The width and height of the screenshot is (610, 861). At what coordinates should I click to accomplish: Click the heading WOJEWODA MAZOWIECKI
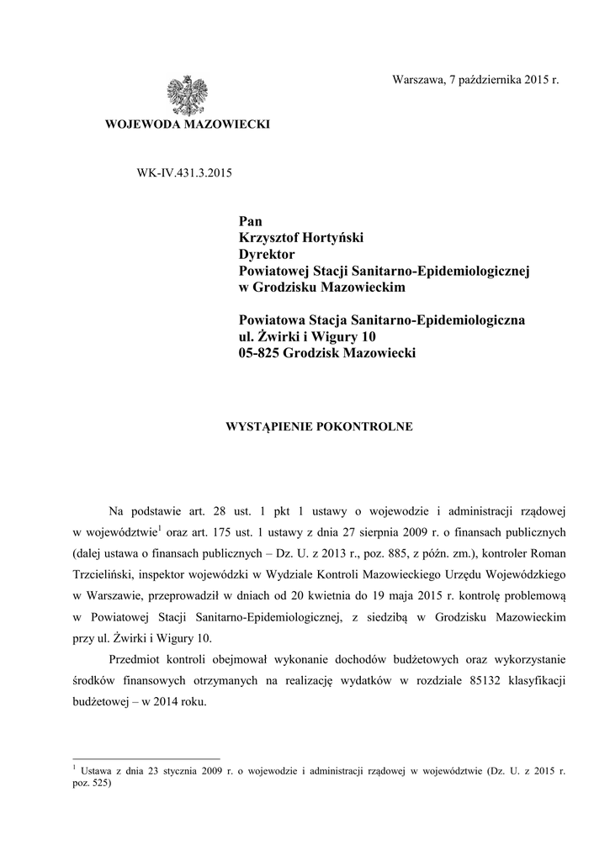click(187, 124)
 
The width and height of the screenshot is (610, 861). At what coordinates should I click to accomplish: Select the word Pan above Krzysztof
click(251, 222)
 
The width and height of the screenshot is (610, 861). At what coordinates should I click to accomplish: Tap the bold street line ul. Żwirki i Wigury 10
click(307, 337)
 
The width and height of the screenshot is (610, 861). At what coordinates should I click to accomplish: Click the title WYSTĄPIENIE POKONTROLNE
click(316, 426)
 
